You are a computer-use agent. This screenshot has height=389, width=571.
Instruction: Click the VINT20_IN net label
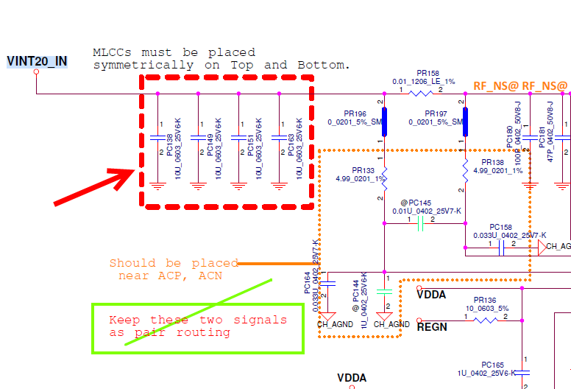(37, 60)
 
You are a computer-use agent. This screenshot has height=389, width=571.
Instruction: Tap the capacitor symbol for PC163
(280, 138)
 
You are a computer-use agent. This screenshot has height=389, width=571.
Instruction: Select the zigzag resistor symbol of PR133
(385, 178)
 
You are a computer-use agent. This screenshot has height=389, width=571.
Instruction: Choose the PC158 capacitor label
(500, 227)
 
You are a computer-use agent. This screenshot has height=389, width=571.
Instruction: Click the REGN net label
(432, 326)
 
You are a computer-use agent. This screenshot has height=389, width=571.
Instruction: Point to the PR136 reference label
(485, 300)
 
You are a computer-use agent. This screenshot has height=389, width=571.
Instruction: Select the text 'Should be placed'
(174, 263)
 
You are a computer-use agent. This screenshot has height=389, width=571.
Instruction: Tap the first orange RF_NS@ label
(496, 86)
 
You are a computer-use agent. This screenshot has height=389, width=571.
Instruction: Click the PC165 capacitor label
(493, 364)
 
